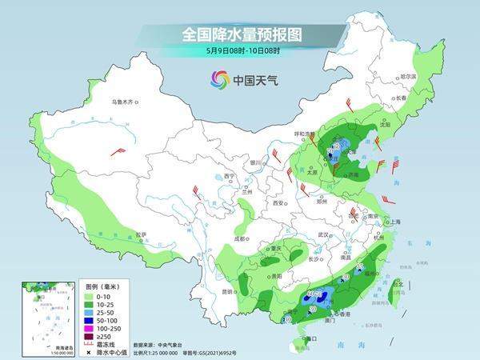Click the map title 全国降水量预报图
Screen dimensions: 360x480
[241, 35]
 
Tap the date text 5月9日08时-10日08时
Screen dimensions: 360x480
[241, 52]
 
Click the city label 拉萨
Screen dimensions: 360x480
[141, 234]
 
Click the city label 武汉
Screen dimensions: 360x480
[323, 234]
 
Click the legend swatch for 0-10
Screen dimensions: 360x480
[90, 296]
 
